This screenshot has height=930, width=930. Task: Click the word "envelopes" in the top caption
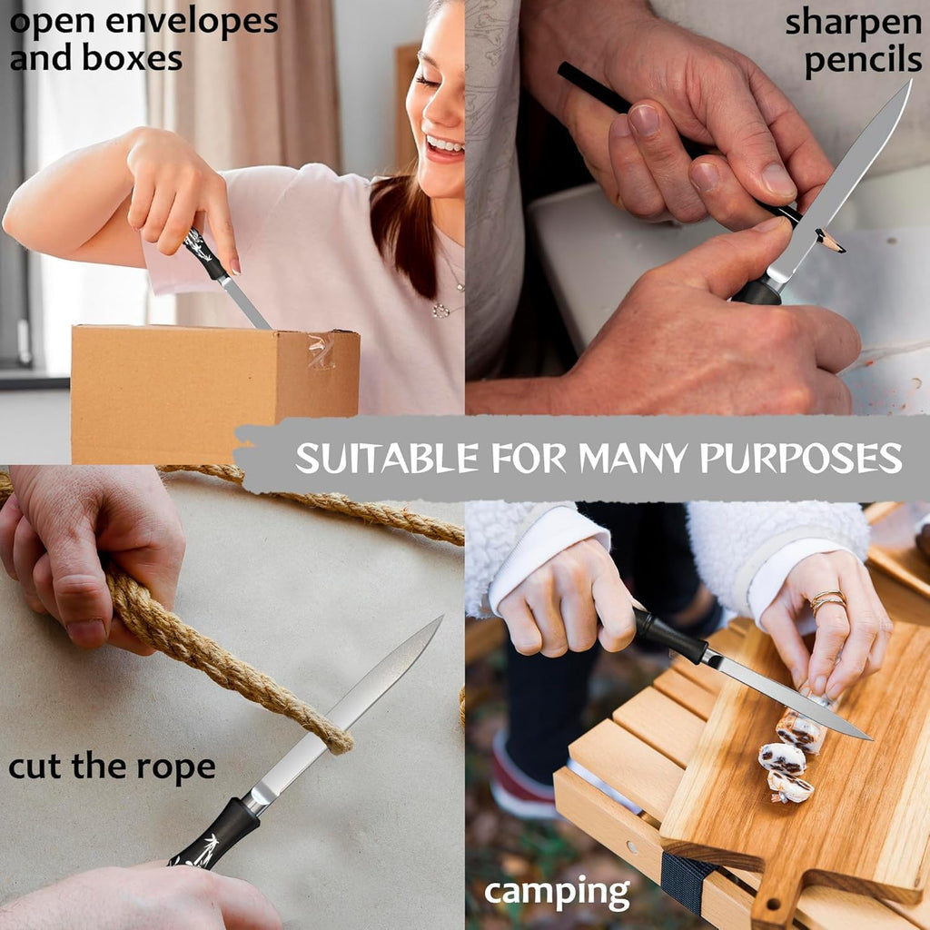point(193,23)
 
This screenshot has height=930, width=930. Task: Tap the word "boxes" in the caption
point(132,59)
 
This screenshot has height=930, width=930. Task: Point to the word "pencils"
point(864,61)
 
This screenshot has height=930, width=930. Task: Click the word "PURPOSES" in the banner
point(801,459)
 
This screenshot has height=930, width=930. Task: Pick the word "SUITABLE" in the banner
point(387,459)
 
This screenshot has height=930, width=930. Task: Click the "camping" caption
point(557,893)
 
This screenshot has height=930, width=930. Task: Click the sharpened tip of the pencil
point(842,249)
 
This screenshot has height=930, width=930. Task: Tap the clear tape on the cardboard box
point(322,350)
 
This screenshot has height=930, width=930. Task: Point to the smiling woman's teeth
point(445,144)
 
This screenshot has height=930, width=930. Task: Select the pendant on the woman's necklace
point(440,311)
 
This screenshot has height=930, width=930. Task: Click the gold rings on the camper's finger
point(828,599)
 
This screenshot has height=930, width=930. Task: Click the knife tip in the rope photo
point(442,617)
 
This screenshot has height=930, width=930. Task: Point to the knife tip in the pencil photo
point(910,82)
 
